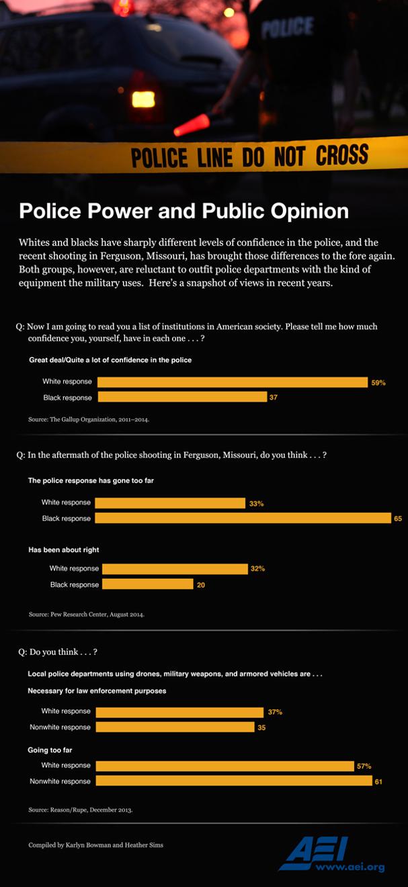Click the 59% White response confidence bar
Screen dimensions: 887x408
pos(232,382)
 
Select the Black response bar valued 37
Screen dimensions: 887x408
pos(182,398)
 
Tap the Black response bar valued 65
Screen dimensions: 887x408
pos(243,518)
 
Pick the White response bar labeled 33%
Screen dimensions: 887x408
pos(170,502)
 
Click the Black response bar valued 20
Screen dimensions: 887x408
pos(147,584)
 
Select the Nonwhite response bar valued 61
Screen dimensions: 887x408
pos(234,781)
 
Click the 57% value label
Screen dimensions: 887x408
pos(364,766)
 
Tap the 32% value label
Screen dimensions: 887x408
pos(257,569)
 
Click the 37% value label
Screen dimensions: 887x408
pos(274,712)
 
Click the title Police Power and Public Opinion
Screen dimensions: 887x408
pos(183,212)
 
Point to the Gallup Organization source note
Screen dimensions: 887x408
pos(89,420)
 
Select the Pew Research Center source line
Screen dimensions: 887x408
pos(87,614)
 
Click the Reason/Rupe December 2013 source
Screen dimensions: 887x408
pos(81,810)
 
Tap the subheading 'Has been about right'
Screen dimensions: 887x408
pos(64,550)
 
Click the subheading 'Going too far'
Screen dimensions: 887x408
pos(50,749)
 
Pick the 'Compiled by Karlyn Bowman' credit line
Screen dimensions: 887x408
pos(95,845)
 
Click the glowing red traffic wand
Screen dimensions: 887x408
pos(192,124)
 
